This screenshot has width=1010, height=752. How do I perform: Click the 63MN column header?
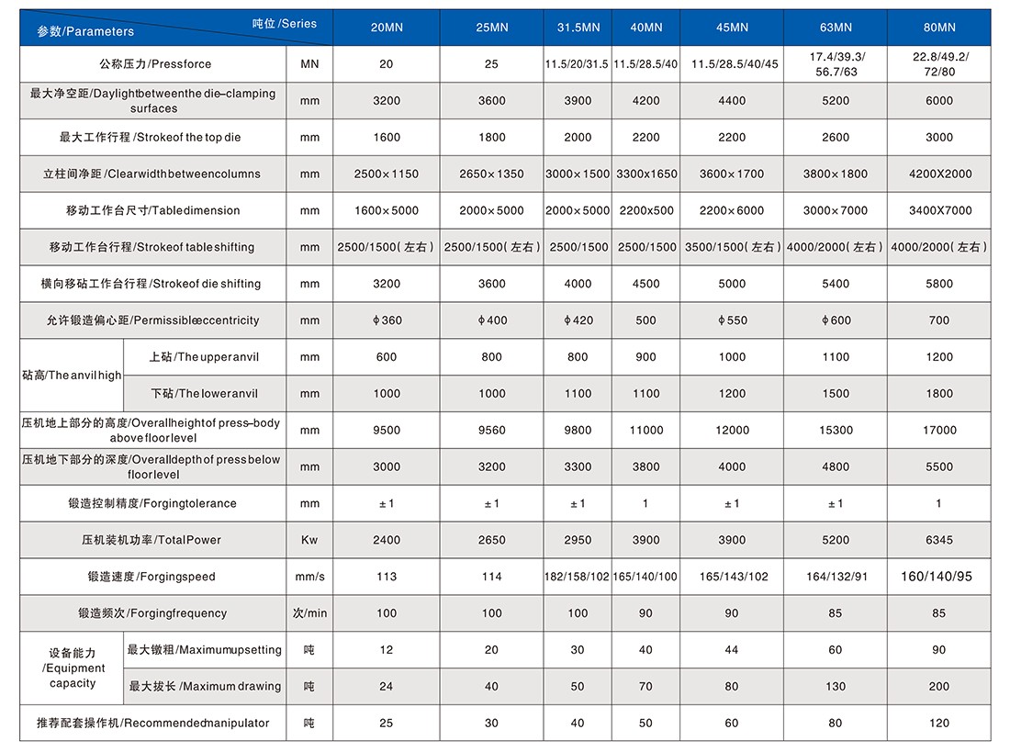click(836, 27)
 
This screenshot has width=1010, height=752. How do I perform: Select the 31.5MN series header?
click(578, 27)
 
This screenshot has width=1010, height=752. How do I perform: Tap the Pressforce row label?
click(154, 63)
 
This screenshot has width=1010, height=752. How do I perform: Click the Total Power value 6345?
click(938, 540)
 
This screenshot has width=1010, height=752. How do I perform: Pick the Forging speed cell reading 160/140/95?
click(936, 576)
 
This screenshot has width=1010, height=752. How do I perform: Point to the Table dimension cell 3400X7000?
click(940, 210)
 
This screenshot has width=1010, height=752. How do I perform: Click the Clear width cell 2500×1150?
click(386, 174)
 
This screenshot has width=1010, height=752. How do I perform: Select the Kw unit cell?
click(309, 540)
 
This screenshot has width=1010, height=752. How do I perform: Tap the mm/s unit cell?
click(309, 577)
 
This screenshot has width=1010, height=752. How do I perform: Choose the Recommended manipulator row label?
click(152, 723)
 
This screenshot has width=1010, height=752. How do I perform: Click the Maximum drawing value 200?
click(938, 686)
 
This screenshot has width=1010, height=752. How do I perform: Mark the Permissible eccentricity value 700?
click(938, 320)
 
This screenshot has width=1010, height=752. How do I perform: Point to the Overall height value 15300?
click(836, 430)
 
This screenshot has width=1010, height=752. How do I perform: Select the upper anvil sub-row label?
click(204, 357)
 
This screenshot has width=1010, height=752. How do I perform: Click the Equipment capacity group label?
click(73, 668)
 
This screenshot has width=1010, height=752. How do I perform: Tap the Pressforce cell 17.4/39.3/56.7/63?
click(836, 63)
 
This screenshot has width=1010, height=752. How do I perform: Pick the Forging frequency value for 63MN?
click(835, 612)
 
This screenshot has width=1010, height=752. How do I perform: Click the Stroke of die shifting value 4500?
click(645, 284)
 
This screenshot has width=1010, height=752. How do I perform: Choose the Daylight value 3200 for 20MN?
click(387, 100)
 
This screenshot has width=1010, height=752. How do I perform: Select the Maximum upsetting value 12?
click(386, 649)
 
